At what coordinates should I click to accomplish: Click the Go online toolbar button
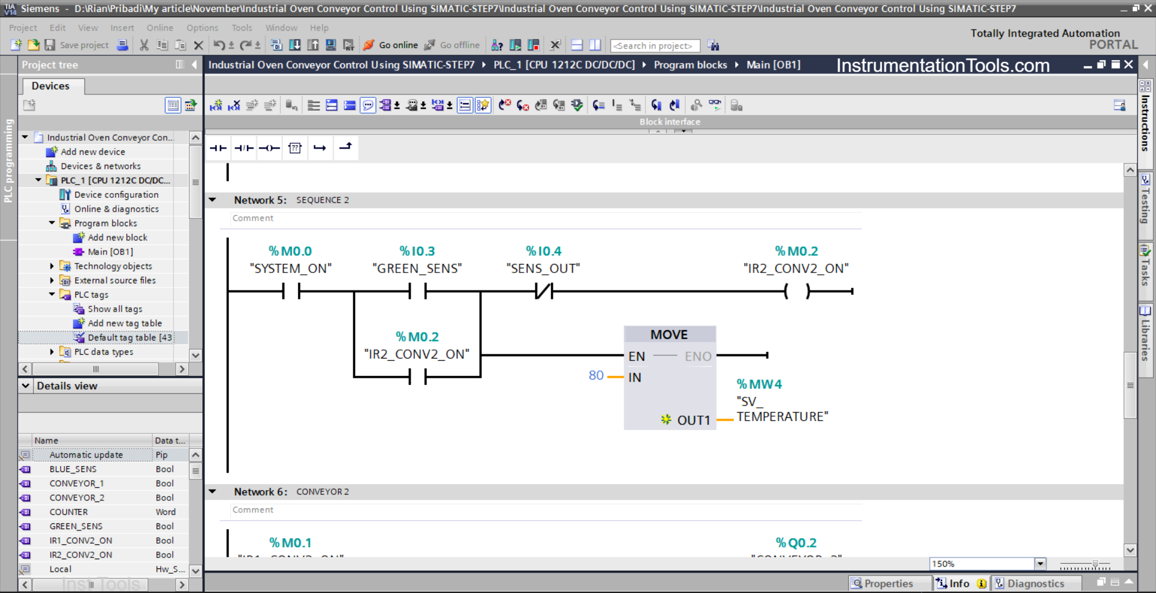[x=391, y=45]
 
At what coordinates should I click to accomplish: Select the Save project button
[x=78, y=45]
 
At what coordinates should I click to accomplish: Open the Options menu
[x=202, y=28]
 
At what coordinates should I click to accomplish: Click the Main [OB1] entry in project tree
[x=110, y=252]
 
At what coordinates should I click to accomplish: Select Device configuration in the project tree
[x=116, y=195]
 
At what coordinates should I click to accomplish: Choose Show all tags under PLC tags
[x=115, y=309]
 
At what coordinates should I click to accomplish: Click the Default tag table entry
[x=129, y=338]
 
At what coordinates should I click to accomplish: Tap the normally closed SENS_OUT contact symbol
[x=544, y=292]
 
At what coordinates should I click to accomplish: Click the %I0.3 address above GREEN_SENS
[x=417, y=251]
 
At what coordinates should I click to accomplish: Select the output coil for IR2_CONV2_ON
[x=797, y=292]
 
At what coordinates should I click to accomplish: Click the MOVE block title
[x=669, y=335]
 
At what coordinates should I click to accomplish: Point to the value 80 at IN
[x=596, y=376]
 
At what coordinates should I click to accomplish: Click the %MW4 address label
[x=759, y=384]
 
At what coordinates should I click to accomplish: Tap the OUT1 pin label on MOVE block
[x=694, y=420]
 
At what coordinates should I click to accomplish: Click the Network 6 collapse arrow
[x=213, y=492]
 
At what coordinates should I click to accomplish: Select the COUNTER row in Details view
[x=69, y=512]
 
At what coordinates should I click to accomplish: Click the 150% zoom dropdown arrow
[x=1040, y=564]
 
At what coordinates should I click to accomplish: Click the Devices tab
[x=51, y=86]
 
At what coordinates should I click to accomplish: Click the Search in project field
[x=654, y=46]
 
